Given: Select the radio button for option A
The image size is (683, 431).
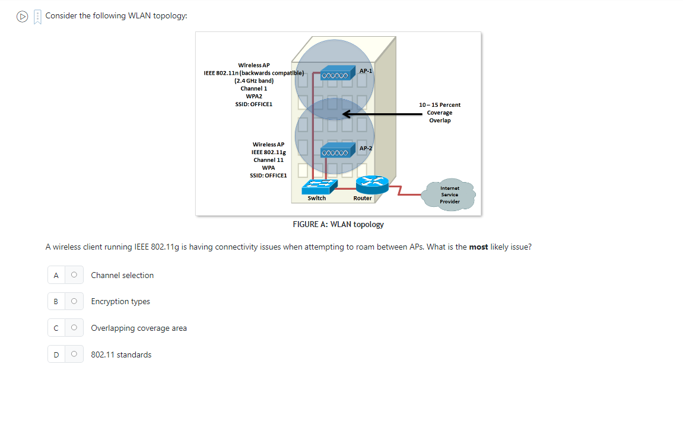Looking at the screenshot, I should coord(74,275).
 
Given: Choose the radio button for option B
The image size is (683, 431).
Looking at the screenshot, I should coord(74,302).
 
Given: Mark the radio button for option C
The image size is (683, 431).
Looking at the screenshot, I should coord(74,328).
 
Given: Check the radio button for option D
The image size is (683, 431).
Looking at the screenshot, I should coord(74,355).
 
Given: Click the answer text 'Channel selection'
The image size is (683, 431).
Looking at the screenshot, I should coord(122,275).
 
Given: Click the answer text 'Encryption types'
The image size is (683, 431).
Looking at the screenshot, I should coord(120,302).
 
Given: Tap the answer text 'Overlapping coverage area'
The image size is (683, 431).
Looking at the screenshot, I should coord(139,328).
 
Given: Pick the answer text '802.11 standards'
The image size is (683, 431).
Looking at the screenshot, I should coord(121,355).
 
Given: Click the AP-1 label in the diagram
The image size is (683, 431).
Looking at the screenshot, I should coord(366,71).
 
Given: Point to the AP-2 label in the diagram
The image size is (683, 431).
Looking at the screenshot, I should coord(366,148).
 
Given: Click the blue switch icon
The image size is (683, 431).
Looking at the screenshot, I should coord(319,186).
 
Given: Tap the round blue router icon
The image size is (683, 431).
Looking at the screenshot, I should coord(371,185).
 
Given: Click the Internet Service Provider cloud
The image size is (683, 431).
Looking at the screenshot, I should coord(449,195).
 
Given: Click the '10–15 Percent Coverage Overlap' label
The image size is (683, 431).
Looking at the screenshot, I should coord(440,113).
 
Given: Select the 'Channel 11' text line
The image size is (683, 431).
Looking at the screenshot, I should coord(268,160).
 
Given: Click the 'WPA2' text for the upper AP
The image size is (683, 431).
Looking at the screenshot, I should coord(254,96).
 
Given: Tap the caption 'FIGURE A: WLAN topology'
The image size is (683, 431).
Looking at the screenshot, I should coord(338,225).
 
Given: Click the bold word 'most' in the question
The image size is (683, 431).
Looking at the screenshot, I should coord(479,247).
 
